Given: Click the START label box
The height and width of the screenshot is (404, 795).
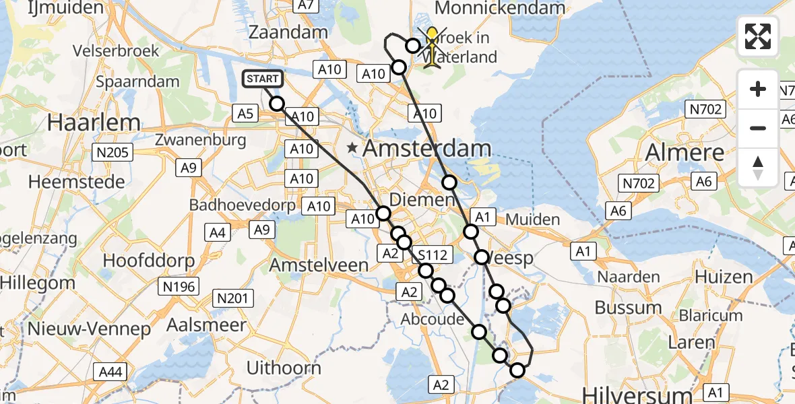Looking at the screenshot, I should [x=262, y=79].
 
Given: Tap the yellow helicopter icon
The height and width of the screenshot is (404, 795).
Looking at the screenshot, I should [x=432, y=47].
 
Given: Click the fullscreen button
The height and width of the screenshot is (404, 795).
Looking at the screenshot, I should [x=758, y=36].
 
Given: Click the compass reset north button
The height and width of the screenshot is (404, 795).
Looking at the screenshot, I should [x=758, y=168].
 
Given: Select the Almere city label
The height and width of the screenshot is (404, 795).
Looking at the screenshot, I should [x=685, y=153].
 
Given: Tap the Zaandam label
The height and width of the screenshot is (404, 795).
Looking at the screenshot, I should [x=288, y=32].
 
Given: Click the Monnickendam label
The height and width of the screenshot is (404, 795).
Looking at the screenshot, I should [x=501, y=8].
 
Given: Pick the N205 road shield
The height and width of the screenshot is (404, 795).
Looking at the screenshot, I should [x=112, y=153].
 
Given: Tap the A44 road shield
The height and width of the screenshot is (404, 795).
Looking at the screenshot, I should [x=110, y=371].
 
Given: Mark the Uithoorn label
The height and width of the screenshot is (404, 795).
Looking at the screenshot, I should [x=284, y=368].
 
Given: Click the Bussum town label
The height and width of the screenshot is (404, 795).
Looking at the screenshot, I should [x=627, y=308].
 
